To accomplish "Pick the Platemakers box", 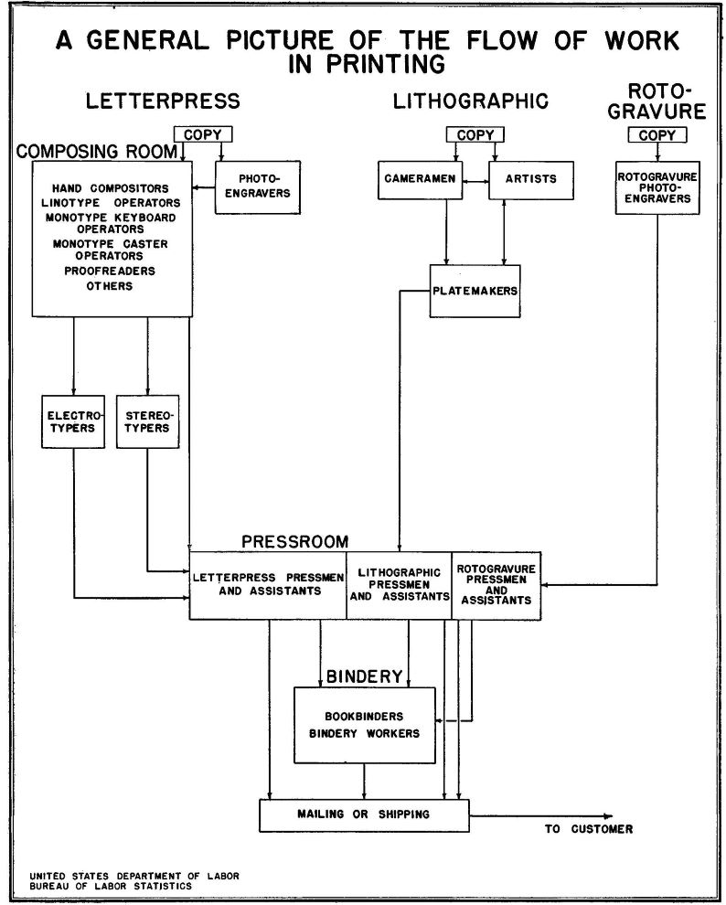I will click(x=475, y=292).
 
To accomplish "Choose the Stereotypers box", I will click(x=146, y=421).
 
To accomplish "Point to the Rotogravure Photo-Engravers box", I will click(x=657, y=187).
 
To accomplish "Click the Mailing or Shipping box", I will click(x=365, y=814).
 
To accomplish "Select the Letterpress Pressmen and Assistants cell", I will click(x=268, y=585).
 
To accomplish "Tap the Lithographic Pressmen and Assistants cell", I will click(x=399, y=585).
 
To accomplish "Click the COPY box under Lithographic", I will click(x=475, y=135).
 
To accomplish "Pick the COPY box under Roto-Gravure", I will click(x=657, y=135).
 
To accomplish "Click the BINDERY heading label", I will click(x=365, y=676).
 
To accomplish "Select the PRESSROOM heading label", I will click(x=294, y=541).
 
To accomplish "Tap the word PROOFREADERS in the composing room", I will click(x=110, y=271).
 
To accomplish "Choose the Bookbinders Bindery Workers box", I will click(x=365, y=725).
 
